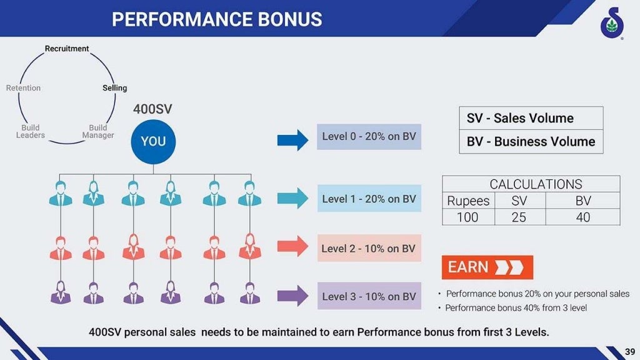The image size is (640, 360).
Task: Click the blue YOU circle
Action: pyautogui.click(x=153, y=141)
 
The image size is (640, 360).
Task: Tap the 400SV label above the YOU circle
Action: pyautogui.click(x=152, y=109)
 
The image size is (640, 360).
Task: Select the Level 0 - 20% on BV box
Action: pyautogui.click(x=369, y=136)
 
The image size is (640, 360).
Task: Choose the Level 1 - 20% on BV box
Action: pyautogui.click(x=369, y=199)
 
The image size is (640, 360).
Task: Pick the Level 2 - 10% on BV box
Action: pyautogui.click(x=369, y=248)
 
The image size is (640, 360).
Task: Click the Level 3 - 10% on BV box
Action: pyautogui.click(x=369, y=296)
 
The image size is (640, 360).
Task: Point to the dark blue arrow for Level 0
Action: pyautogui.click(x=292, y=139)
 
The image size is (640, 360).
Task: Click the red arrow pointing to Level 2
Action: pyautogui.click(x=292, y=246)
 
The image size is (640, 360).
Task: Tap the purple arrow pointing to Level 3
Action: pyautogui.click(x=292, y=296)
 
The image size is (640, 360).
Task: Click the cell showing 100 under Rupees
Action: pyautogui.click(x=467, y=217)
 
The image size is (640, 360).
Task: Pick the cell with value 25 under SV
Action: pyautogui.click(x=519, y=217)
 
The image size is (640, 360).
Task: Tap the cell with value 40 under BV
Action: pyautogui.click(x=582, y=217)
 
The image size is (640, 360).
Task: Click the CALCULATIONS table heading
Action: pyautogui.click(x=536, y=184)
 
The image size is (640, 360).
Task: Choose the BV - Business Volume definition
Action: pyautogui.click(x=531, y=141)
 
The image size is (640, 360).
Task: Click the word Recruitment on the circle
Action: pyautogui.click(x=67, y=49)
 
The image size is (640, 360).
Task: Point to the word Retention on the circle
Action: pyautogui.click(x=23, y=88)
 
